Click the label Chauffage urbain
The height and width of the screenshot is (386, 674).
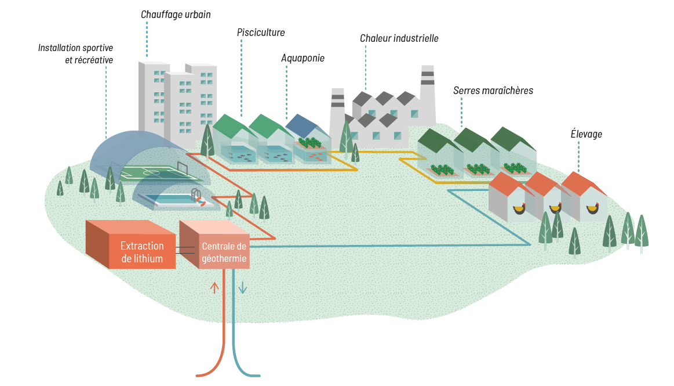point(176,14)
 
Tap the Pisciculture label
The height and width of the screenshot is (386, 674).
point(261,33)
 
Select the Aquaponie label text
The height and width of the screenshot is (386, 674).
point(303,58)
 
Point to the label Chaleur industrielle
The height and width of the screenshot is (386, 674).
point(399,38)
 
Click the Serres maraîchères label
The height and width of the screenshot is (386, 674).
point(493,91)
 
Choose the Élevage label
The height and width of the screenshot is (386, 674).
point(586,134)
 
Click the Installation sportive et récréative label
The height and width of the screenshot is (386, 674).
point(75,53)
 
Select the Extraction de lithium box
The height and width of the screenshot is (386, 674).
point(142,252)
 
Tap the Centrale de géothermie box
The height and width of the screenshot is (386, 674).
point(224,252)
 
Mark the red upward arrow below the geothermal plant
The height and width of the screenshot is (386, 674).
point(215,287)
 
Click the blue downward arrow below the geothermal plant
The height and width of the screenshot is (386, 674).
point(243,288)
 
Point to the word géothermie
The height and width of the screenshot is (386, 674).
point(224,259)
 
